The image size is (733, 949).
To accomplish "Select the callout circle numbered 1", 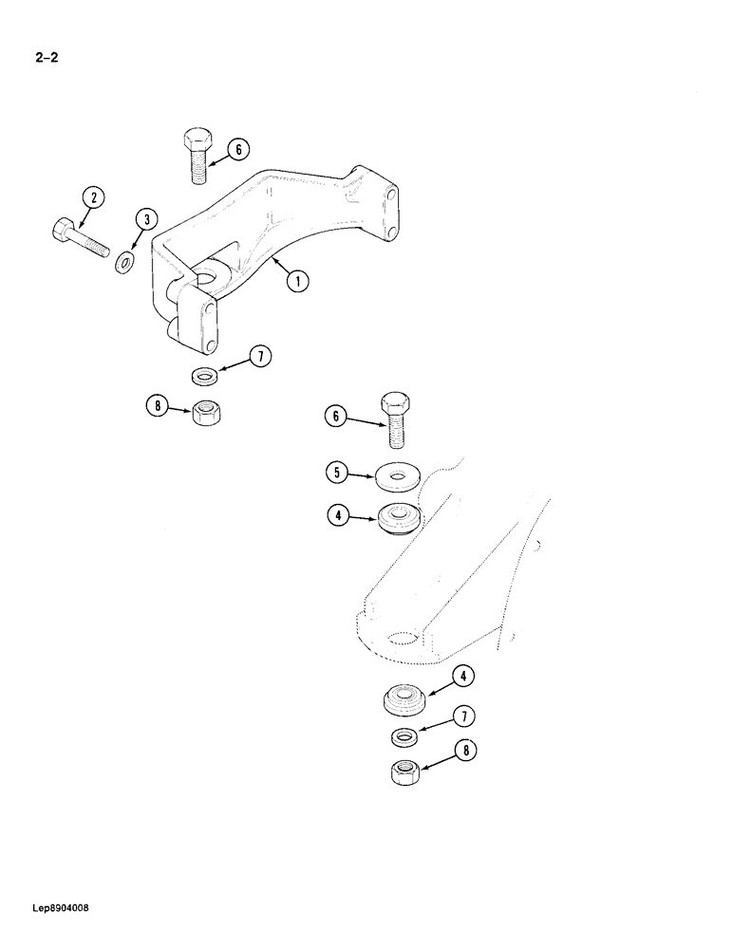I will (x=297, y=280).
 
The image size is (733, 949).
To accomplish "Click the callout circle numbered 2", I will (x=92, y=198).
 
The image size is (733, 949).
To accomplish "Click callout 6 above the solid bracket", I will (x=238, y=148).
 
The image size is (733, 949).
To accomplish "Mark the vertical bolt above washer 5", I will (x=396, y=418).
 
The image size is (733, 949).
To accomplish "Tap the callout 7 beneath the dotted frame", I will (x=464, y=716).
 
